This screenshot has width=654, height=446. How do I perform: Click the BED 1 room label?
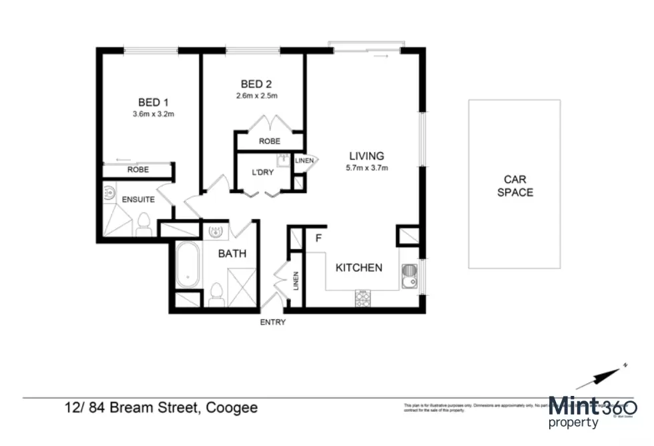click(x=153, y=102)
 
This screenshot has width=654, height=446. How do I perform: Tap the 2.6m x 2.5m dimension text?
click(x=256, y=96)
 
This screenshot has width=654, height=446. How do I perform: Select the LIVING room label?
click(x=366, y=156)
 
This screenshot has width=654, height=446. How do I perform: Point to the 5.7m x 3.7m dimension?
click(x=366, y=168)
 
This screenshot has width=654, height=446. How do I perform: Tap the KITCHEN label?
click(x=358, y=268)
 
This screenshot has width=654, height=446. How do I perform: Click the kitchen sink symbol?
click(x=408, y=274)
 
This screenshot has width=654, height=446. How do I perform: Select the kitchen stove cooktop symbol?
click(x=364, y=298)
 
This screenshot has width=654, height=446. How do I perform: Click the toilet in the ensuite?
click(x=143, y=225)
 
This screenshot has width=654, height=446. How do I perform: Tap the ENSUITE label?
click(x=137, y=199)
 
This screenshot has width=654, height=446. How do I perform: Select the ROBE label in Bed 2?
click(x=269, y=142)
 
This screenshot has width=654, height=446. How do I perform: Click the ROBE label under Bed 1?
click(x=137, y=170)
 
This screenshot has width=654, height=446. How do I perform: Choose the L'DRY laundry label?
click(x=262, y=172)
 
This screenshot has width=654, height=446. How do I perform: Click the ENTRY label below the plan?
click(x=272, y=322)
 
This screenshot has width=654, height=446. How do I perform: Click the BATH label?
click(x=232, y=254)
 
